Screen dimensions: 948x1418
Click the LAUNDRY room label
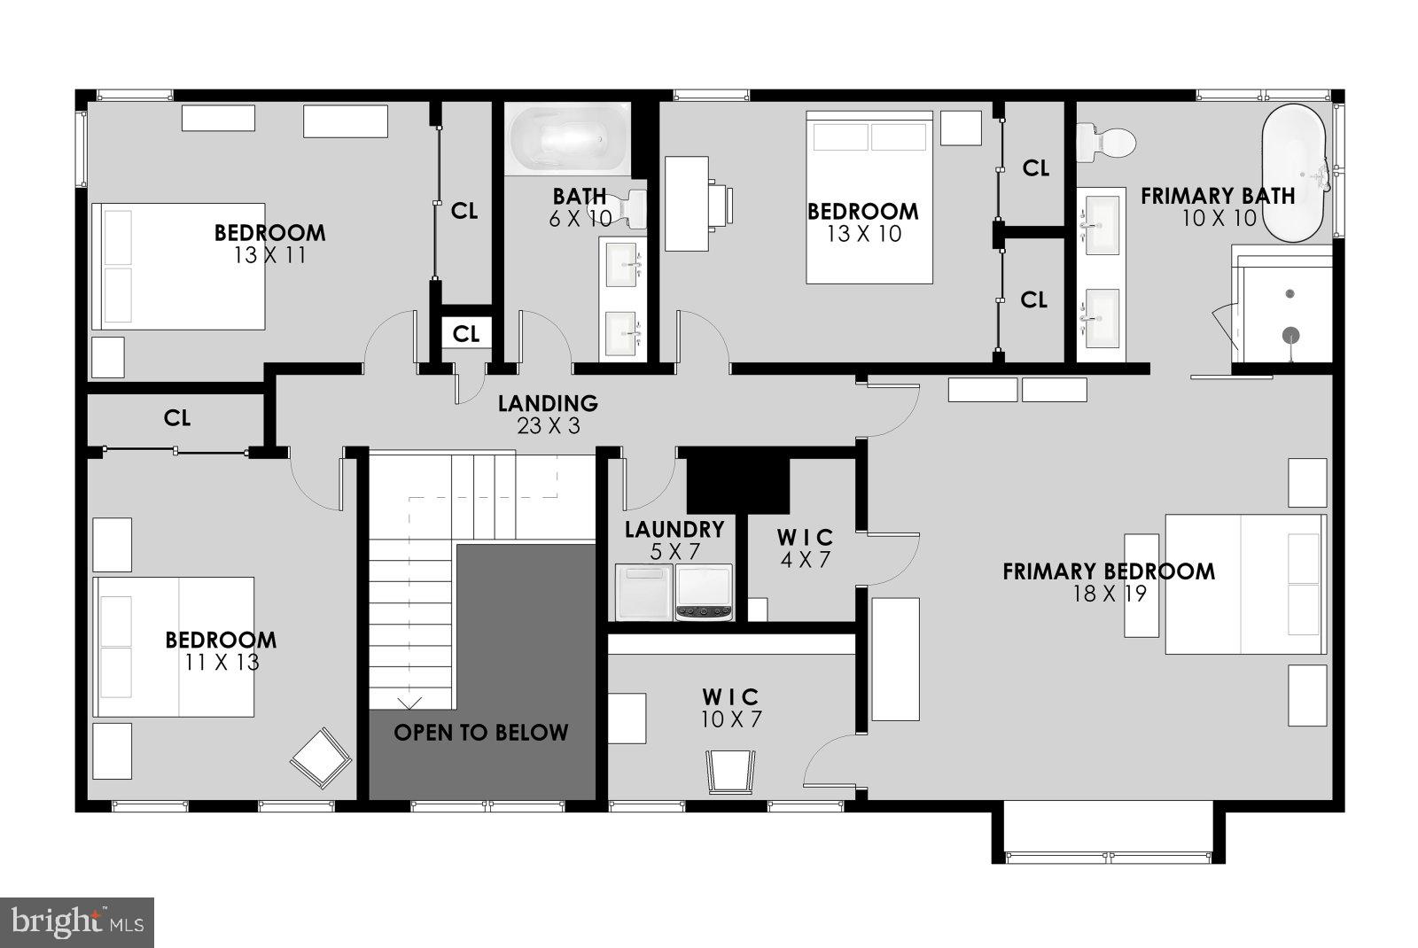click(x=674, y=530)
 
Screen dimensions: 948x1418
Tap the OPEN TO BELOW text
click(x=480, y=733)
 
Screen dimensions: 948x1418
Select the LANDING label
click(x=548, y=404)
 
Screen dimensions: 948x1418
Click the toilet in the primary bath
click(x=1106, y=141)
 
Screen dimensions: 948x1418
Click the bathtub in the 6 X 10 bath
click(x=568, y=140)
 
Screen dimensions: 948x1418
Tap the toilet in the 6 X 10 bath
click(x=630, y=209)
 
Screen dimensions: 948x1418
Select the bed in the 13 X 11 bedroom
click(x=178, y=267)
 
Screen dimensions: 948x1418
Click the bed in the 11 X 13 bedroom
click(x=174, y=647)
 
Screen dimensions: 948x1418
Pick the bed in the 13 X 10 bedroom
click(x=869, y=197)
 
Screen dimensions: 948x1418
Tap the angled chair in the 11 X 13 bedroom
click(x=319, y=758)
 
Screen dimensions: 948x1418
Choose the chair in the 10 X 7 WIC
click(x=731, y=770)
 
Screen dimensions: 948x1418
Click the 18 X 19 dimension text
click(x=1109, y=594)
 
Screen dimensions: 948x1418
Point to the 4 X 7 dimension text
click(x=806, y=560)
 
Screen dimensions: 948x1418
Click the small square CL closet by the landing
click(x=466, y=334)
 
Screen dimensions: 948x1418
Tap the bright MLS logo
click(x=77, y=922)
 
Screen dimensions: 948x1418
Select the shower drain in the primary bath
click(x=1291, y=334)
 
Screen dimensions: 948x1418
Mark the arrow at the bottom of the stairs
click(x=409, y=703)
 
